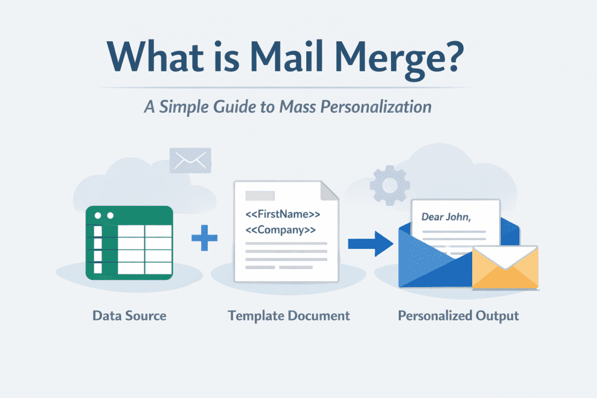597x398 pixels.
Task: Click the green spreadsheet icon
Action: (x=130, y=242)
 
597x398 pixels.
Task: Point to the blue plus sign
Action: (x=204, y=239)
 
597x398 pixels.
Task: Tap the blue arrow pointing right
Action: (x=370, y=243)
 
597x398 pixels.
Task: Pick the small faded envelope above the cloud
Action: (x=190, y=160)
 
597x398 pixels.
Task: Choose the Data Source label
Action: (x=130, y=315)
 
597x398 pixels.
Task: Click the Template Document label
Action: (x=289, y=315)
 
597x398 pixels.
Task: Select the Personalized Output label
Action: (x=458, y=315)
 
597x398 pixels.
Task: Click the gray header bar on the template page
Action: (x=260, y=195)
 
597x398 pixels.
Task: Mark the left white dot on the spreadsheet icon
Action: (x=97, y=215)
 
